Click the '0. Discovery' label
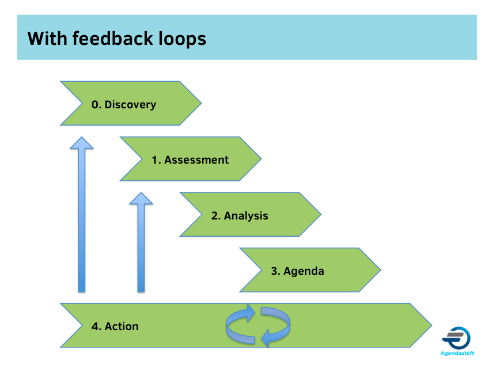coord(124,104)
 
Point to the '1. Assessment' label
coord(190,160)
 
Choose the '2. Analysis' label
coord(240,216)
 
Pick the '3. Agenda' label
coord(297,271)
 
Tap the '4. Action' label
coord(115,326)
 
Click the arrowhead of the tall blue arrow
coord(82,143)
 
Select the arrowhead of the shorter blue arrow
coord(141,199)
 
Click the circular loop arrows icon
coord(258,326)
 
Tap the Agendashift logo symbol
coord(456,338)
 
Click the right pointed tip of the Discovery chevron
coord(200,104)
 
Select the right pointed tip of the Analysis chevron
coord(320,215)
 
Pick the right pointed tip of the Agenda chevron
coord(380,270)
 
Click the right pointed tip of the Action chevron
coord(430,325)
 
